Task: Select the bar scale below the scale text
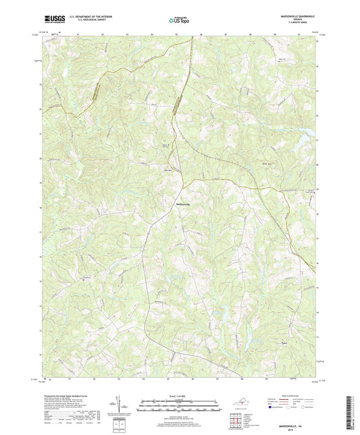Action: (x=180, y=405)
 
